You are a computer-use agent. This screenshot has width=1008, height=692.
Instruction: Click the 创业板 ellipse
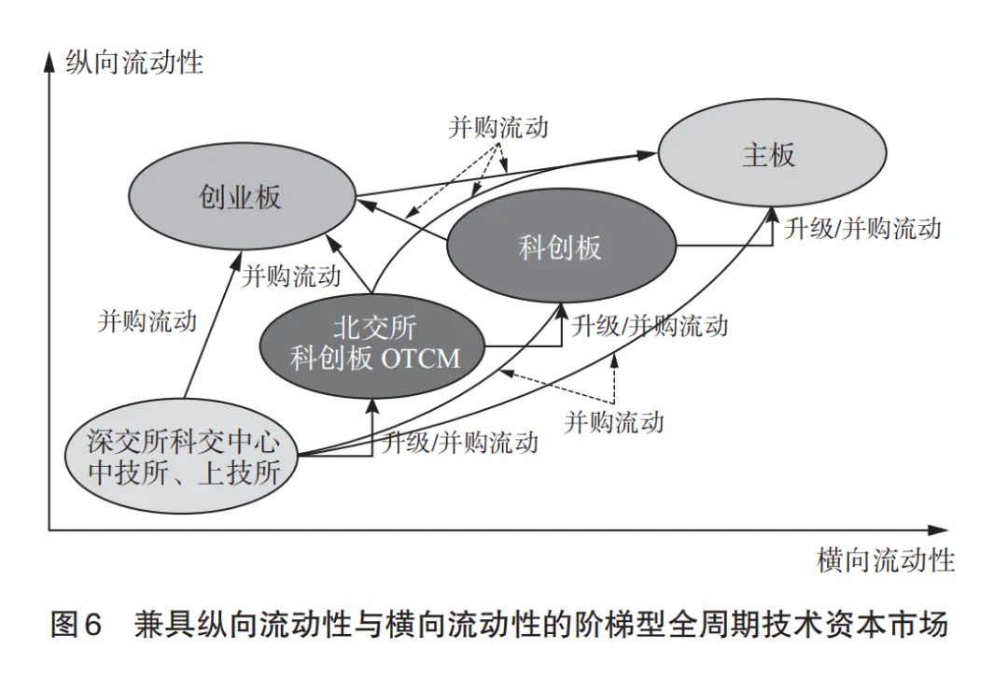pyautogui.click(x=240, y=197)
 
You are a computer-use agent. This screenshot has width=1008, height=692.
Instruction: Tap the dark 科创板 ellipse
pyautogui.click(x=560, y=247)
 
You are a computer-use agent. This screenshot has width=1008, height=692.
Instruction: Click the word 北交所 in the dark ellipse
pyautogui.click(x=374, y=328)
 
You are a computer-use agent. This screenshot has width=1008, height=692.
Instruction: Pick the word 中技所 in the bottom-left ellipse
pyautogui.click(x=125, y=473)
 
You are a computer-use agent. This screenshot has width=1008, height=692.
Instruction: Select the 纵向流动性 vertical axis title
pyautogui.click(x=134, y=63)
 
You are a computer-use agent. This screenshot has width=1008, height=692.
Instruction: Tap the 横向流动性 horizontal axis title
pyautogui.click(x=886, y=560)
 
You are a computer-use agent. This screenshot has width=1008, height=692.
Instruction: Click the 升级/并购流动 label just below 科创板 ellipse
pyautogui.click(x=650, y=326)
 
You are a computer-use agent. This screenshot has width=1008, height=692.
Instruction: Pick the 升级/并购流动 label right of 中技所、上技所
pyautogui.click(x=460, y=442)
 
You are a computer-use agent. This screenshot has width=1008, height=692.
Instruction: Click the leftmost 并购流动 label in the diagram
pyautogui.click(x=147, y=321)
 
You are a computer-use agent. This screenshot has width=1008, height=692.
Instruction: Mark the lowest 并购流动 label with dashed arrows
pyautogui.click(x=614, y=421)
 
